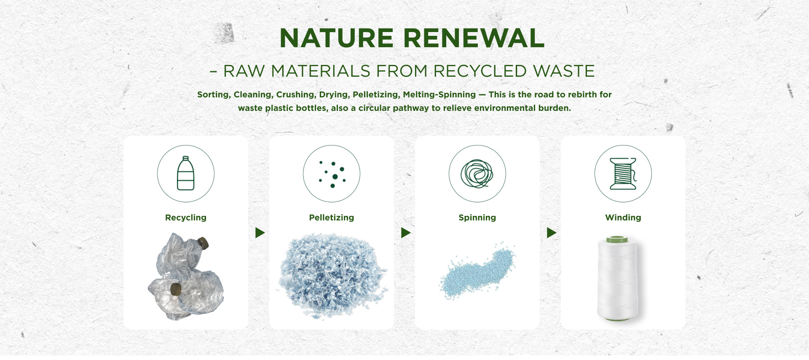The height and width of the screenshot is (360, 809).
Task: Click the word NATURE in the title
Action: (336, 38)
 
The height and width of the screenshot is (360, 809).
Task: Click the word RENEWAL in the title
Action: (474, 38)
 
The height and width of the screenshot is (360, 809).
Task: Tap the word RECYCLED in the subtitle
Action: (480, 71)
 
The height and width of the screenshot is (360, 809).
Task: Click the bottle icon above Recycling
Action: (186, 173)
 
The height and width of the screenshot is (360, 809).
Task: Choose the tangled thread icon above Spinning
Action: (477, 174)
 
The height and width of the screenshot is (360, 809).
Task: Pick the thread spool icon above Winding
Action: (623, 174)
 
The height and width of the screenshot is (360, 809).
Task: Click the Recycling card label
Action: (186, 218)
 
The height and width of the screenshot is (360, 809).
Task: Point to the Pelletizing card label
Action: (332, 218)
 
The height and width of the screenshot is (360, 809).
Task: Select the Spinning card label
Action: (477, 218)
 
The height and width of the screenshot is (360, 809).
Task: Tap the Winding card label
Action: (623, 218)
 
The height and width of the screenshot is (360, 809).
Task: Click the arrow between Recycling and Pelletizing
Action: (260, 233)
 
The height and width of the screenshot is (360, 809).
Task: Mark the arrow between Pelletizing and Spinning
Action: (406, 233)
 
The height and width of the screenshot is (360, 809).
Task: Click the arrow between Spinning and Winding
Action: (552, 233)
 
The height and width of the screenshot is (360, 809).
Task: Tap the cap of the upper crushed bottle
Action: (204, 243)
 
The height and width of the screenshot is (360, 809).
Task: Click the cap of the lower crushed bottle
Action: (176, 290)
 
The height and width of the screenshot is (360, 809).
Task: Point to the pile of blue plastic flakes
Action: (332, 276)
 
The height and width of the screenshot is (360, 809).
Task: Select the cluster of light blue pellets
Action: (477, 271)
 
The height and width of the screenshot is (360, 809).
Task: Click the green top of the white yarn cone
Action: (617, 240)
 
